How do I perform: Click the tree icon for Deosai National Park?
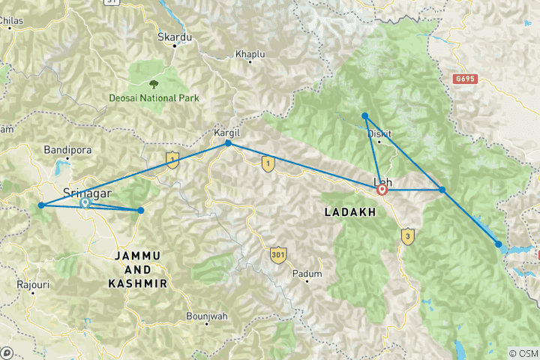[x=154, y=82]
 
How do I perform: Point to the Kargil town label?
[x=226, y=132]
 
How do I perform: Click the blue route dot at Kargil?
[x=228, y=143]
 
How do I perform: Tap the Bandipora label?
[x=67, y=149]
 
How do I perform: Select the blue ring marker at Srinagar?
[x=85, y=202]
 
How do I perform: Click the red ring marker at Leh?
[x=382, y=190]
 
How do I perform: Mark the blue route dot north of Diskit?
[x=364, y=115]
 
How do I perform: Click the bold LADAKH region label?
[x=349, y=213]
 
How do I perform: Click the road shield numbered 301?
[x=279, y=255]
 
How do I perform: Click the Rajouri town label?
[x=31, y=286]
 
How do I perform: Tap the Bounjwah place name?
[x=206, y=316]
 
